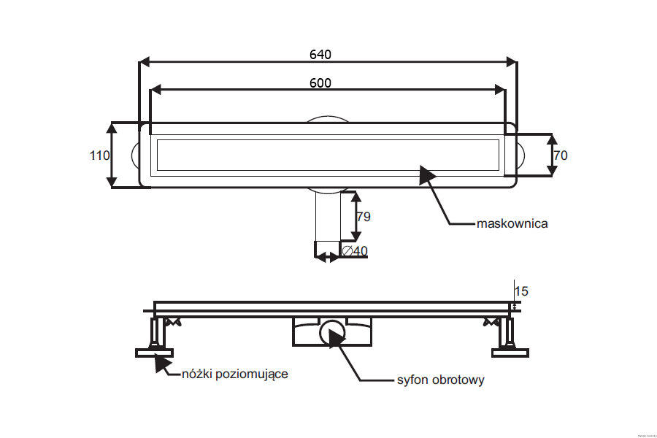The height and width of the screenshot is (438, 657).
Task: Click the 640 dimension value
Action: coord(320,55)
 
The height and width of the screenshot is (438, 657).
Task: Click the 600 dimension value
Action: coord(320,82)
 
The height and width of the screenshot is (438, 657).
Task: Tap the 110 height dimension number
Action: coord(99,155)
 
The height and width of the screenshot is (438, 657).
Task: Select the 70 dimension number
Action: coord(561,155)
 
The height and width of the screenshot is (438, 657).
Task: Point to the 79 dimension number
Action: coord(364,217)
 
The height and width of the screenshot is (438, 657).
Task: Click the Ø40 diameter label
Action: coord(354,251)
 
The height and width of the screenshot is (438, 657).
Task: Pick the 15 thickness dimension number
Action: coord(521,291)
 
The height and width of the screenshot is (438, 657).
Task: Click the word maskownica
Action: coord(512,223)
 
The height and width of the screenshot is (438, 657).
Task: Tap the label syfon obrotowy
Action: coord(440,380)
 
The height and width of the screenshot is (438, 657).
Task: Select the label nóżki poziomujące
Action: coord(234,374)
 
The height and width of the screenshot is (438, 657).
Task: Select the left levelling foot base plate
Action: coord(155,353)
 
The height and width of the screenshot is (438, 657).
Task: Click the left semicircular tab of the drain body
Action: coord(135,155)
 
